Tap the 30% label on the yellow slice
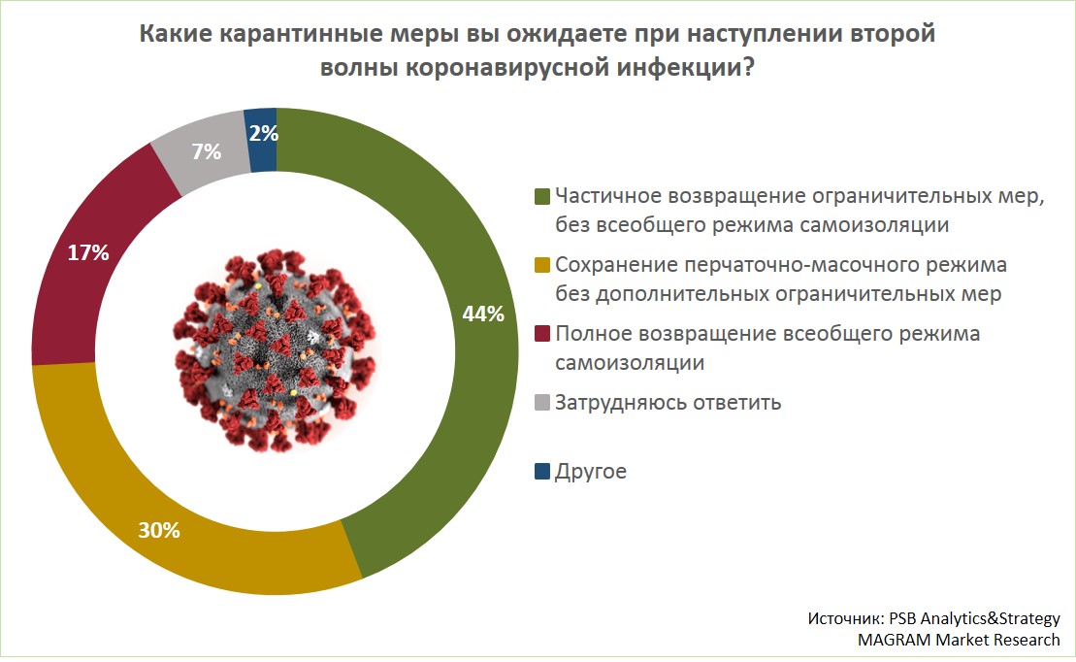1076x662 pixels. click(x=160, y=530)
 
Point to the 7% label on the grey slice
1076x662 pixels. click(x=207, y=151)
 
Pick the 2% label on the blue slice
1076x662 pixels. click(x=263, y=132)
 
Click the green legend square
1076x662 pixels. click(x=542, y=197)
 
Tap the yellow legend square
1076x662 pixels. click(x=542, y=265)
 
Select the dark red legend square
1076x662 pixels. click(x=542, y=334)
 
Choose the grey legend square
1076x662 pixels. click(x=542, y=402)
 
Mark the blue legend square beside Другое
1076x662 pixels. click(x=542, y=473)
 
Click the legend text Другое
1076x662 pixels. click(x=591, y=473)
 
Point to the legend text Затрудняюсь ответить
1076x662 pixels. click(x=668, y=402)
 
